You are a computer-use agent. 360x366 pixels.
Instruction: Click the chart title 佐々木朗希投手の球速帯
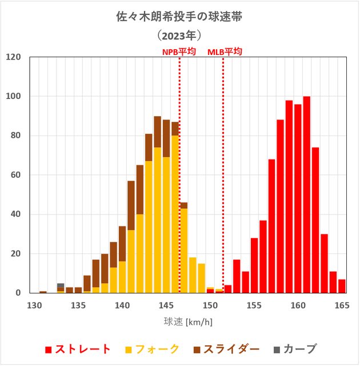tap(179, 17)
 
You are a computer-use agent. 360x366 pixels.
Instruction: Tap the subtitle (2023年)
tap(179, 36)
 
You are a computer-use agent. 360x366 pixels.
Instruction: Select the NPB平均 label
tap(179, 52)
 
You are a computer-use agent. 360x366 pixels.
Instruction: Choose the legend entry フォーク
tap(152, 349)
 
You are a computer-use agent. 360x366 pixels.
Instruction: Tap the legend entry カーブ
tap(291, 349)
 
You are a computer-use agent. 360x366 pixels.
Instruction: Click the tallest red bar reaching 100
tap(306, 194)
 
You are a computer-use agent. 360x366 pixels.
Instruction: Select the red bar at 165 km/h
tap(342, 286)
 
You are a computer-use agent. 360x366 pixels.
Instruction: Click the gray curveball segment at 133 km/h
tap(61, 285)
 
